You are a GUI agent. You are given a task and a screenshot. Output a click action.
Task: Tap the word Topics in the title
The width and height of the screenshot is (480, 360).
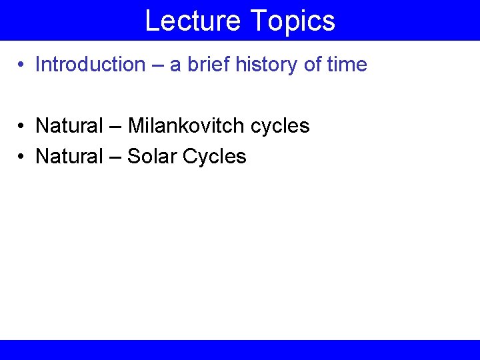293,21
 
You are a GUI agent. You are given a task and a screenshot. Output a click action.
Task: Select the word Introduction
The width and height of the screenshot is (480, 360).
90,65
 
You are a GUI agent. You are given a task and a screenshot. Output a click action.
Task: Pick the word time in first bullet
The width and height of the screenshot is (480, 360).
347,65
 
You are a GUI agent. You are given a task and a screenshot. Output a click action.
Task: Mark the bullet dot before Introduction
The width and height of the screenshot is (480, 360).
22,65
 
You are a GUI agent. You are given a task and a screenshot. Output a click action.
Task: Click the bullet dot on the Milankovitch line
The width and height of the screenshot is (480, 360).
22,126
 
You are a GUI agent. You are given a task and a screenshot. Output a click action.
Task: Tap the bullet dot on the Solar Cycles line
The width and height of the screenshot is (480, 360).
22,157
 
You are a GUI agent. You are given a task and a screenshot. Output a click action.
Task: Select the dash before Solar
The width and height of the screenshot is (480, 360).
114,157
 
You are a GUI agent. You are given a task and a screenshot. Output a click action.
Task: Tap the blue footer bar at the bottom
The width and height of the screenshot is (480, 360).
240,349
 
